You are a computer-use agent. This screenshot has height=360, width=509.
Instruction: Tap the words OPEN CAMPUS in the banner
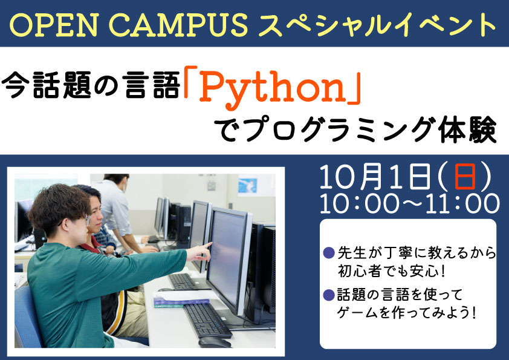click(x=129, y=24)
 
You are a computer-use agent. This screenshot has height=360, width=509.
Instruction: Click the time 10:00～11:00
click(x=410, y=204)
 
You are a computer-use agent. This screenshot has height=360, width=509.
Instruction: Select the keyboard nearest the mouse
click(x=207, y=320)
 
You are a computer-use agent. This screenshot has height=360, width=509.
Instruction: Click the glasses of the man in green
click(x=85, y=220)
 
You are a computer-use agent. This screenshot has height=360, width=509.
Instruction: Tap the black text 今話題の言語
click(x=91, y=85)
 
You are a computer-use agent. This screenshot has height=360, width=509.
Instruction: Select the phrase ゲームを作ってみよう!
click(x=407, y=313)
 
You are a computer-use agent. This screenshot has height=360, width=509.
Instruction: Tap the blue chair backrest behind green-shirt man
click(x=27, y=318)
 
